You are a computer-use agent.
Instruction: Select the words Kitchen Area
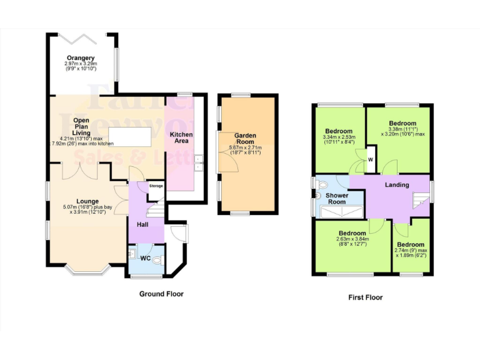coord(182,137)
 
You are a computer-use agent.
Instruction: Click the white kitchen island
coord(130,136)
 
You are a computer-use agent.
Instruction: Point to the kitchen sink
coord(198,162)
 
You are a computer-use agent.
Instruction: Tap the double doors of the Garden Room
coord(222,152)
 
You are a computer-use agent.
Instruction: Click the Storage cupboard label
coord(156,186)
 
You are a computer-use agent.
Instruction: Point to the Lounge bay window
coord(87,271)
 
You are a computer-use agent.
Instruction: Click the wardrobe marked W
coord(371,159)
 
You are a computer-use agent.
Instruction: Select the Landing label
coord(397,184)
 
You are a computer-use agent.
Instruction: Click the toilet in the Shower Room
coord(322,185)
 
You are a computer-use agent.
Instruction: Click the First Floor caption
coord(365,297)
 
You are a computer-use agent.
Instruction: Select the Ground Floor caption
coord(161,293)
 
